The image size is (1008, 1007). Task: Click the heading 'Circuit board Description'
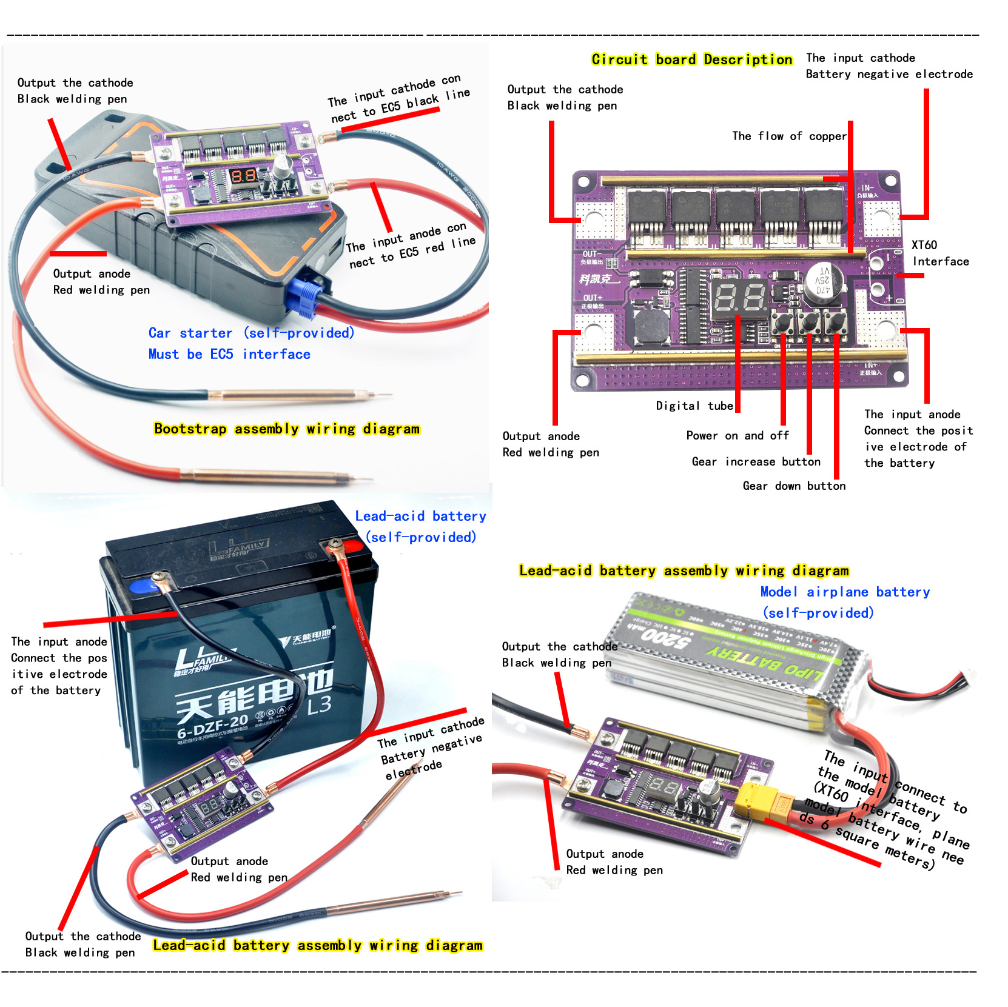point(691,59)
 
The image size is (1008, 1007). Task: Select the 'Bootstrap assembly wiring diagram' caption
point(286,429)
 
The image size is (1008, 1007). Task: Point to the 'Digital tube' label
point(694,406)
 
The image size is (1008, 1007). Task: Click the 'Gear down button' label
point(793,486)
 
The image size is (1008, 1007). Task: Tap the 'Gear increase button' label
point(756,461)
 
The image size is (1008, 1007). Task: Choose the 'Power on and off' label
point(737,435)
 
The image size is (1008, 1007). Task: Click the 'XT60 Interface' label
point(940,253)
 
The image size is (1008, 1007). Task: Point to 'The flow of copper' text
point(788,136)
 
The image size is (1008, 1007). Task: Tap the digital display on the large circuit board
point(741,299)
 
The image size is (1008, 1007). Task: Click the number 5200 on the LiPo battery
point(664,637)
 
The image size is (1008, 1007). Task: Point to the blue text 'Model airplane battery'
point(844,592)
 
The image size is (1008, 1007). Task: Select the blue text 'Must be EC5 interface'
point(229,354)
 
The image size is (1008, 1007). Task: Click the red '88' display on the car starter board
point(243,176)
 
